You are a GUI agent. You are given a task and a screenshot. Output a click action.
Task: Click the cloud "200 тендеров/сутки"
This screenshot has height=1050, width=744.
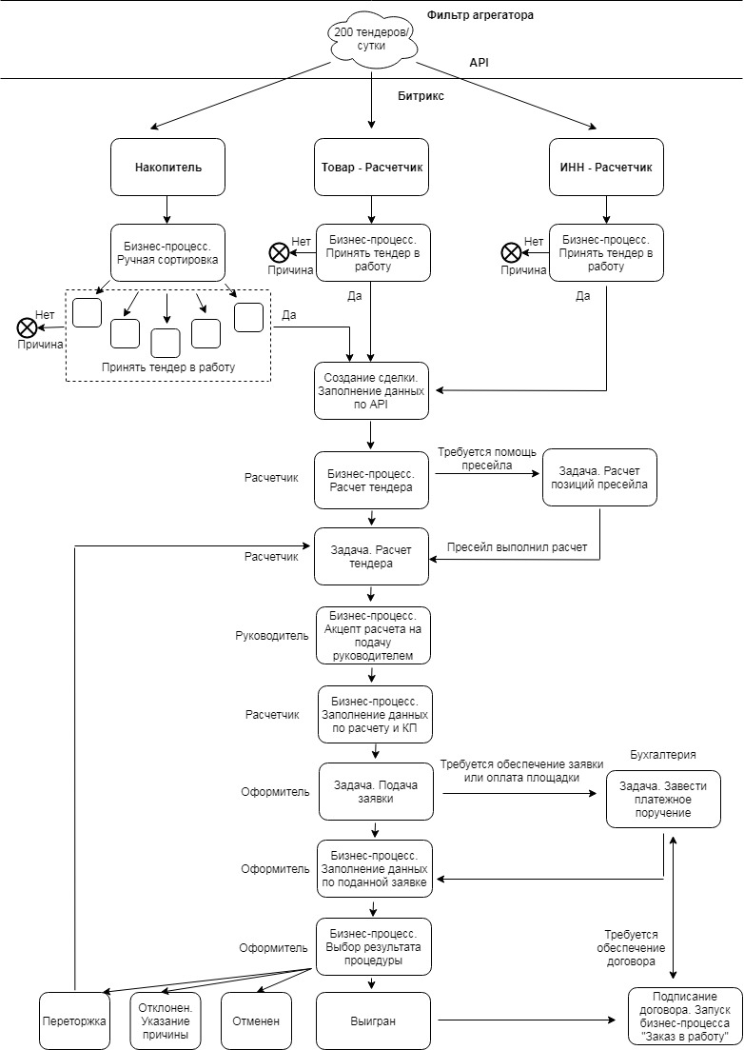(x=371, y=40)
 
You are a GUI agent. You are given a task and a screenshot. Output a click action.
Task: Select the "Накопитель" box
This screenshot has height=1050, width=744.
(x=168, y=168)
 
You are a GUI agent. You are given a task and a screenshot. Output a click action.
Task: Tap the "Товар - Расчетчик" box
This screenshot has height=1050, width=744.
(x=372, y=168)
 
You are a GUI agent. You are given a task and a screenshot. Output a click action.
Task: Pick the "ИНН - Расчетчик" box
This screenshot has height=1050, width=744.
(x=606, y=168)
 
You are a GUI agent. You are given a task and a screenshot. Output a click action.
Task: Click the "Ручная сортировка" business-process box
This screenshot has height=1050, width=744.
(x=168, y=252)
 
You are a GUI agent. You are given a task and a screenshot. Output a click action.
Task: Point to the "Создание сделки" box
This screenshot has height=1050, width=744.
(x=371, y=391)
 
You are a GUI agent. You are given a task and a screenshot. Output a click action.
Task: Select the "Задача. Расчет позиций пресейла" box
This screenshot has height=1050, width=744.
(x=599, y=478)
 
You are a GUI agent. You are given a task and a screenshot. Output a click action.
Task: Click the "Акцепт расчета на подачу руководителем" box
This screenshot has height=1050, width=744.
(x=373, y=636)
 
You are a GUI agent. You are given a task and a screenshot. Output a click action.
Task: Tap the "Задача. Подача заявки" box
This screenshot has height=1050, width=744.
(x=376, y=791)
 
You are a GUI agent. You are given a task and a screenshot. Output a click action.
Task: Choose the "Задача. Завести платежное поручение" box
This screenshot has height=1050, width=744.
(x=664, y=800)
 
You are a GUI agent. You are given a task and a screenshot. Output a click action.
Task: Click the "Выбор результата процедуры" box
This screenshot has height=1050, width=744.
(x=374, y=947)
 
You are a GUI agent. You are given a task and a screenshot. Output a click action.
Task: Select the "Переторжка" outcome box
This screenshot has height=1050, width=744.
(x=74, y=1020)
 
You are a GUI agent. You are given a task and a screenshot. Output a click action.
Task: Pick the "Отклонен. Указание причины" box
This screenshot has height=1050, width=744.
(x=166, y=1020)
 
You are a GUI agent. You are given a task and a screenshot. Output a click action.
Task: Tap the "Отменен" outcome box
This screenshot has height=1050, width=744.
(x=256, y=1020)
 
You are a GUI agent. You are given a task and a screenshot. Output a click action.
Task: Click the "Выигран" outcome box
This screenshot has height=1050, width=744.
(x=373, y=1020)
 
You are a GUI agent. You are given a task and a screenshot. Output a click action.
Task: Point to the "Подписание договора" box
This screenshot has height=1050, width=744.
(x=685, y=1017)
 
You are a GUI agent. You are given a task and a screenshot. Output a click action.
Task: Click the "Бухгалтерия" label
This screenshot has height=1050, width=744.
(x=663, y=755)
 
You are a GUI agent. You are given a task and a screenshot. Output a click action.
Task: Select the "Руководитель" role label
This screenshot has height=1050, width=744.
(x=272, y=636)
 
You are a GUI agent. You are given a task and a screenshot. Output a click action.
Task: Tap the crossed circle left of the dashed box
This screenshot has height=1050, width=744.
(x=26, y=327)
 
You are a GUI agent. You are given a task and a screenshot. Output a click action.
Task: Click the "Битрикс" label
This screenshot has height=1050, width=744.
(x=421, y=96)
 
